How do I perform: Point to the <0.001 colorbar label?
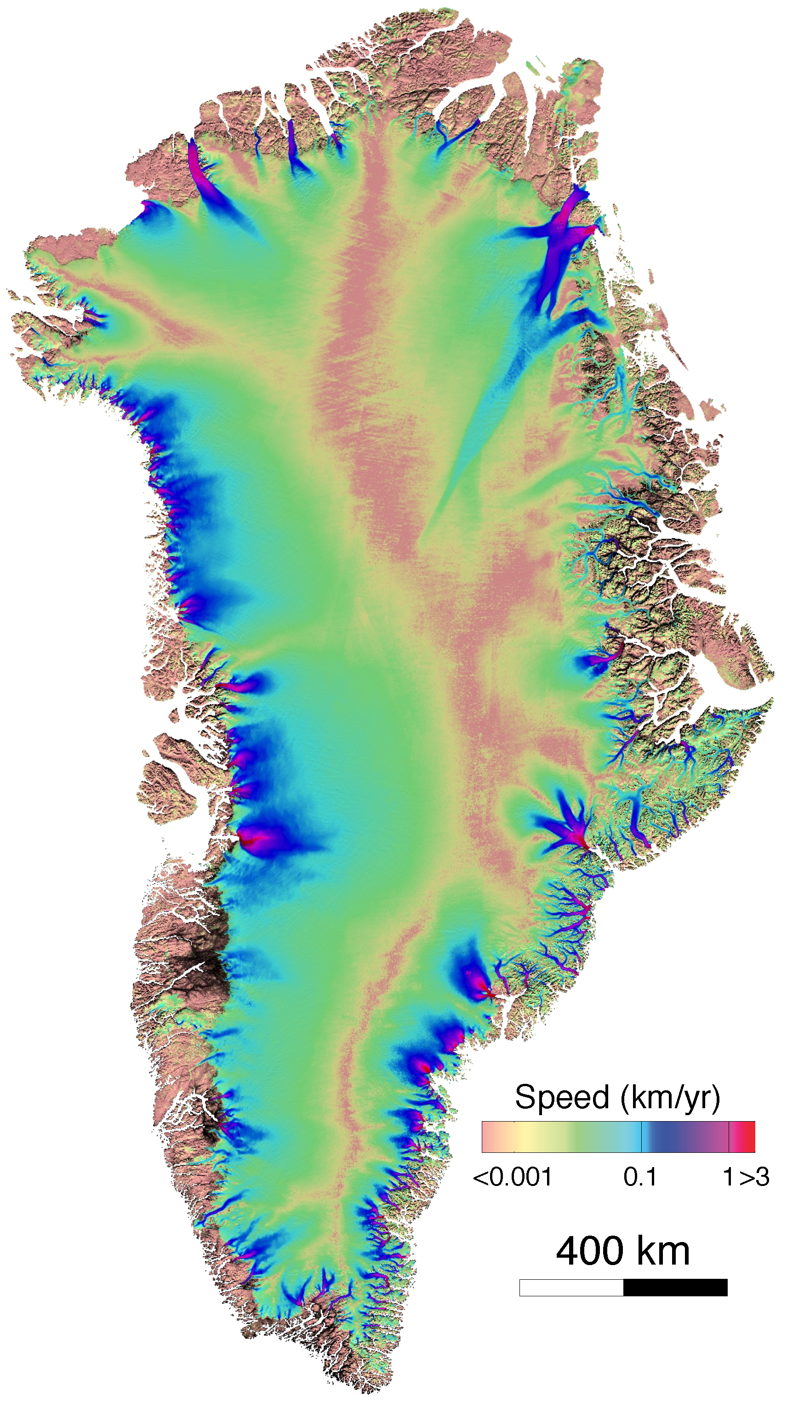(x=513, y=1177)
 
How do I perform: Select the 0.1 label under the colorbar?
(x=640, y=1177)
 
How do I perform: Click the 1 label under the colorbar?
(x=729, y=1177)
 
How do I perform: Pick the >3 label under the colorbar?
(x=754, y=1177)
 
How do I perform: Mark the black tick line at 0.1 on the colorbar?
(x=642, y=1137)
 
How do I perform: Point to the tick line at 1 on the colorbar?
(x=729, y=1137)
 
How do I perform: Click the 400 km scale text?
(x=622, y=1251)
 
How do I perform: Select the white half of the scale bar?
(x=571, y=1288)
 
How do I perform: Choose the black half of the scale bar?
(x=675, y=1288)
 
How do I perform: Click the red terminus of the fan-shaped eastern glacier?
(x=583, y=844)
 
